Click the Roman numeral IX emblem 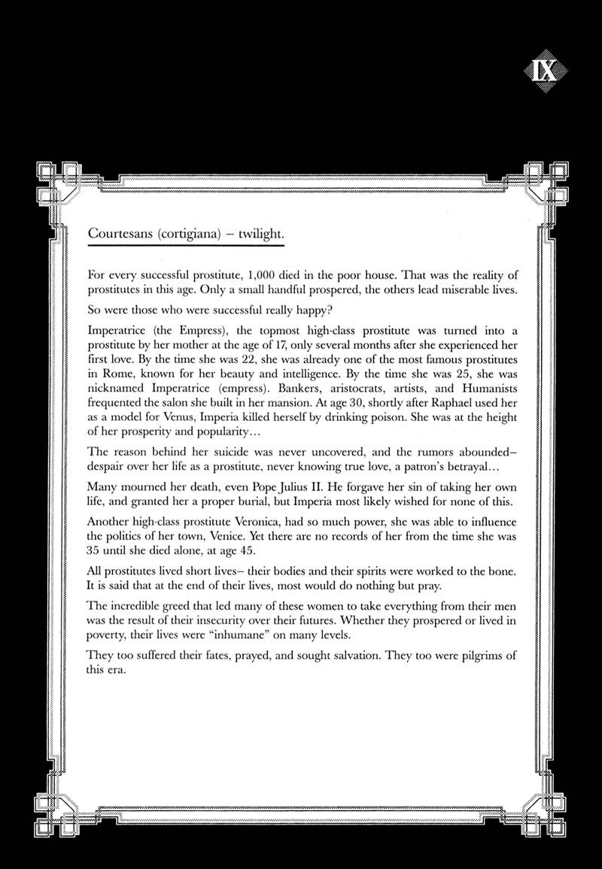click(545, 74)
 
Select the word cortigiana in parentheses click(191, 234)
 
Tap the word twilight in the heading click(261, 234)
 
